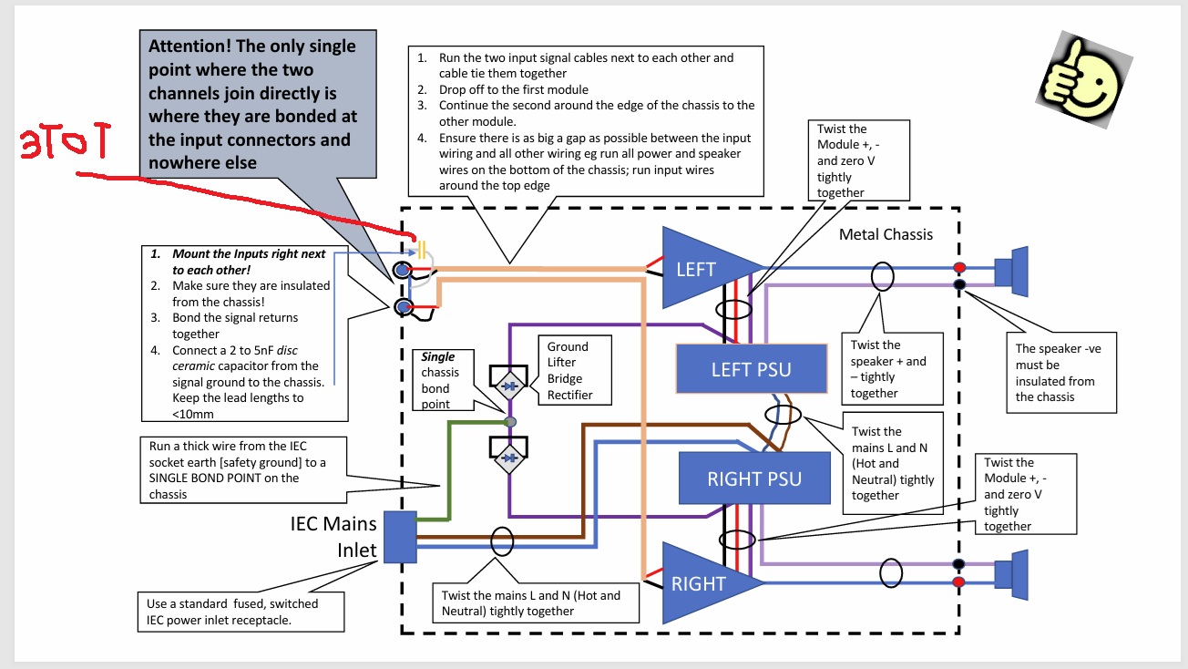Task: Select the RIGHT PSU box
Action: coord(754,479)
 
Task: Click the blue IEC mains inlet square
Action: coord(399,537)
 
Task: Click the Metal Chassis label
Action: coord(886,235)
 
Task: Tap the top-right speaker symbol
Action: coord(1010,270)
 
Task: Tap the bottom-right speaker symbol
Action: coord(1010,574)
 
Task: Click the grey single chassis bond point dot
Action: coord(510,422)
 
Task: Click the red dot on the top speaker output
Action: coord(959,267)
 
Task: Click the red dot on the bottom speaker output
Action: coord(959,582)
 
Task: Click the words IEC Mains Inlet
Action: coord(333,538)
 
